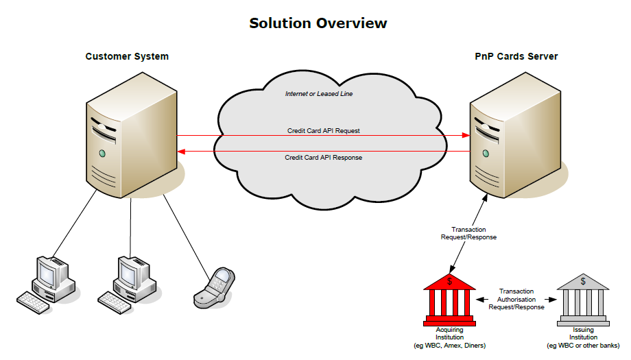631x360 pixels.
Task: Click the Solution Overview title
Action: coord(318,23)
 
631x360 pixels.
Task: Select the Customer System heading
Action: coord(127,56)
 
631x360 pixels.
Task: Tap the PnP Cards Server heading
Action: coord(516,56)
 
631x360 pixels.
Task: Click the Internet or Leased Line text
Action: coord(319,93)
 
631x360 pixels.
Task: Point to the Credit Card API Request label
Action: coord(323,130)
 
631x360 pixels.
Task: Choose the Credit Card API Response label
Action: coord(323,158)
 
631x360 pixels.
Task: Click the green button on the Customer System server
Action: coord(102,152)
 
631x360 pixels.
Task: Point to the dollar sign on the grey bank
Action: coord(582,281)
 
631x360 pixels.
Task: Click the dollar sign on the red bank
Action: coord(449,281)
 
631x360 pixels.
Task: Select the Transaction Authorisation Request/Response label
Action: coord(516,299)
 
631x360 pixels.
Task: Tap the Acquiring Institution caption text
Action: coord(449,337)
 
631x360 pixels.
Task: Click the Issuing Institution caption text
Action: coord(582,337)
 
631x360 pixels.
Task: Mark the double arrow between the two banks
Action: coord(516,300)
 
